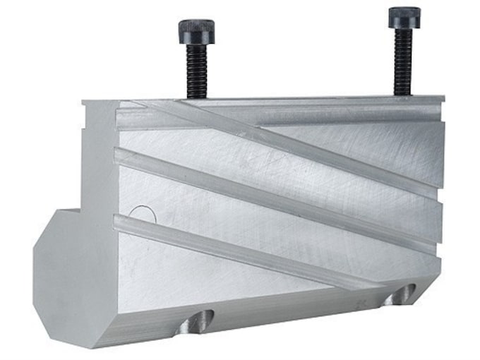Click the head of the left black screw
(197, 32)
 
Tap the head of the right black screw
(403, 17)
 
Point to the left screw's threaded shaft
(197, 71)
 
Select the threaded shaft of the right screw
(403, 61)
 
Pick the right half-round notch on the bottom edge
(400, 294)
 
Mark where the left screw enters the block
(197, 97)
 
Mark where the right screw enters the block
(403, 95)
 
